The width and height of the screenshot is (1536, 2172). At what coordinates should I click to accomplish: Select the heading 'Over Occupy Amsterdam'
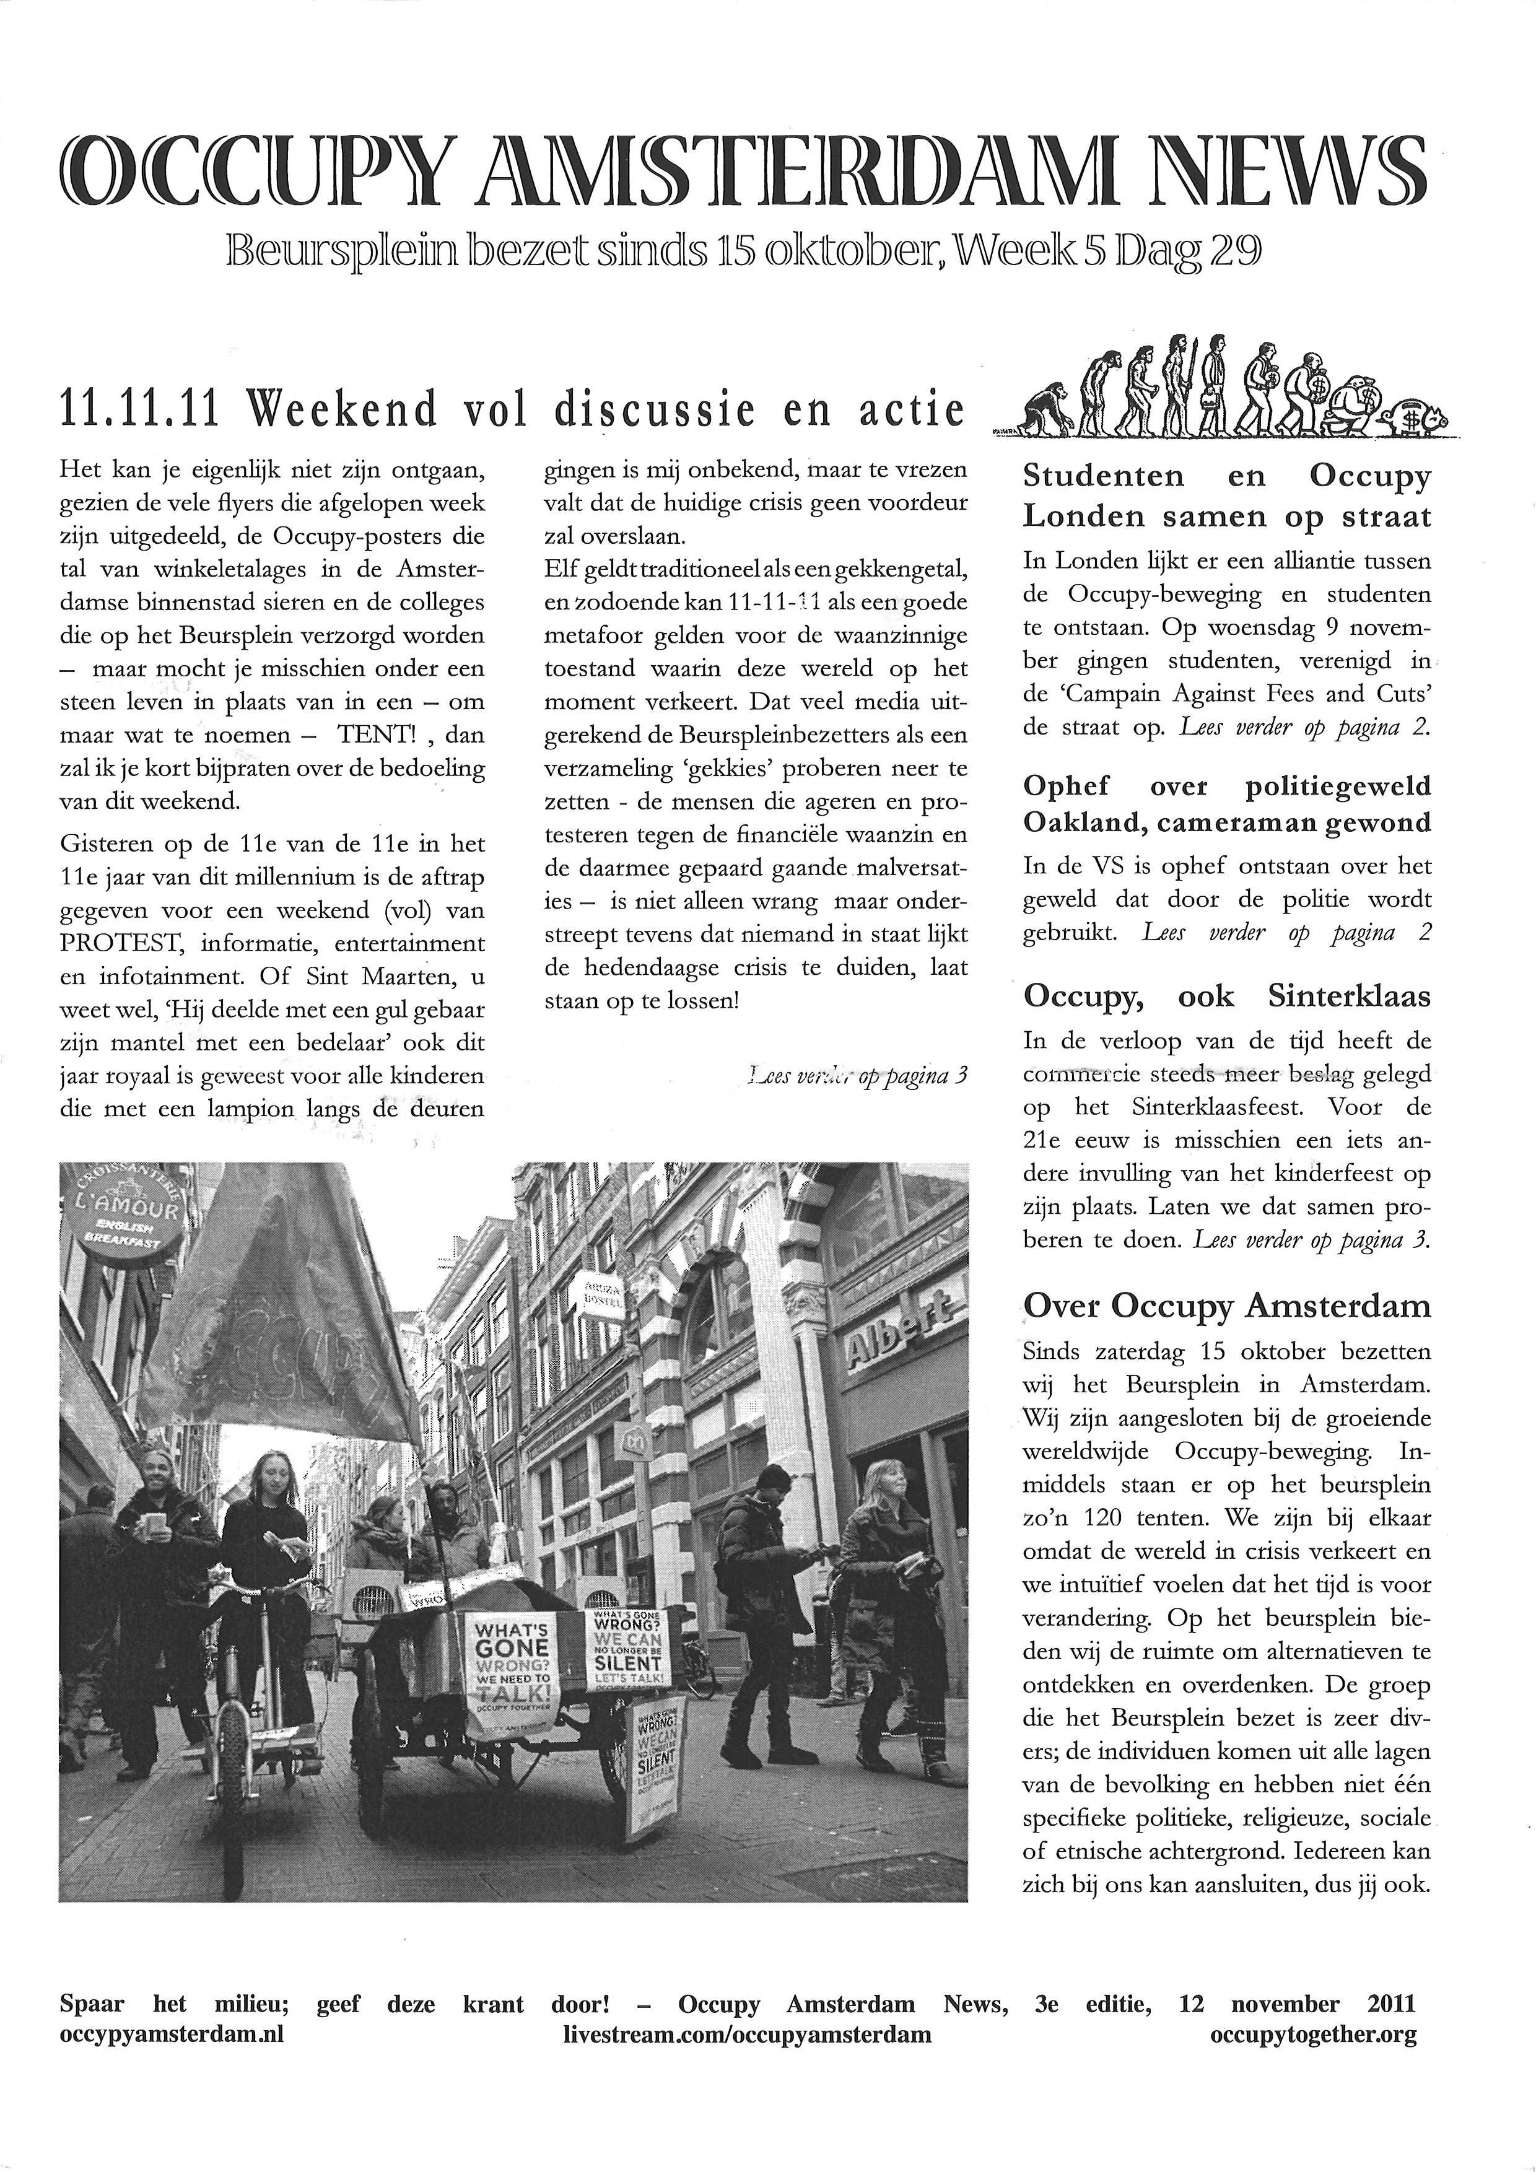(x=1227, y=1306)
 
